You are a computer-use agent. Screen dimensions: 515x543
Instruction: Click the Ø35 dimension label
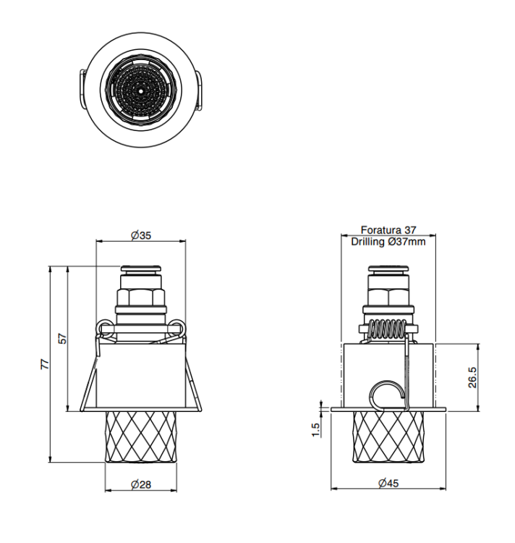141,235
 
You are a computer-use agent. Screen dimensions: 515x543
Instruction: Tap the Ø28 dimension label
141,484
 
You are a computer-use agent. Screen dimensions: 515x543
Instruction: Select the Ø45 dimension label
388,483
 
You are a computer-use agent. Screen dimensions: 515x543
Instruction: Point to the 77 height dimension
45,364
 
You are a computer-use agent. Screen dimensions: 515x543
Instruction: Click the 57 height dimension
63,338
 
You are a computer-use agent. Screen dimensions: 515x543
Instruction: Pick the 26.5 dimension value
472,377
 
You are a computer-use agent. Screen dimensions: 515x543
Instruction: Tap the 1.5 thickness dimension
316,430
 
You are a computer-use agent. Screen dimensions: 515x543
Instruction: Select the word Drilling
368,241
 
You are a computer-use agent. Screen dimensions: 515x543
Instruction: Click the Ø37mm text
407,241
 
